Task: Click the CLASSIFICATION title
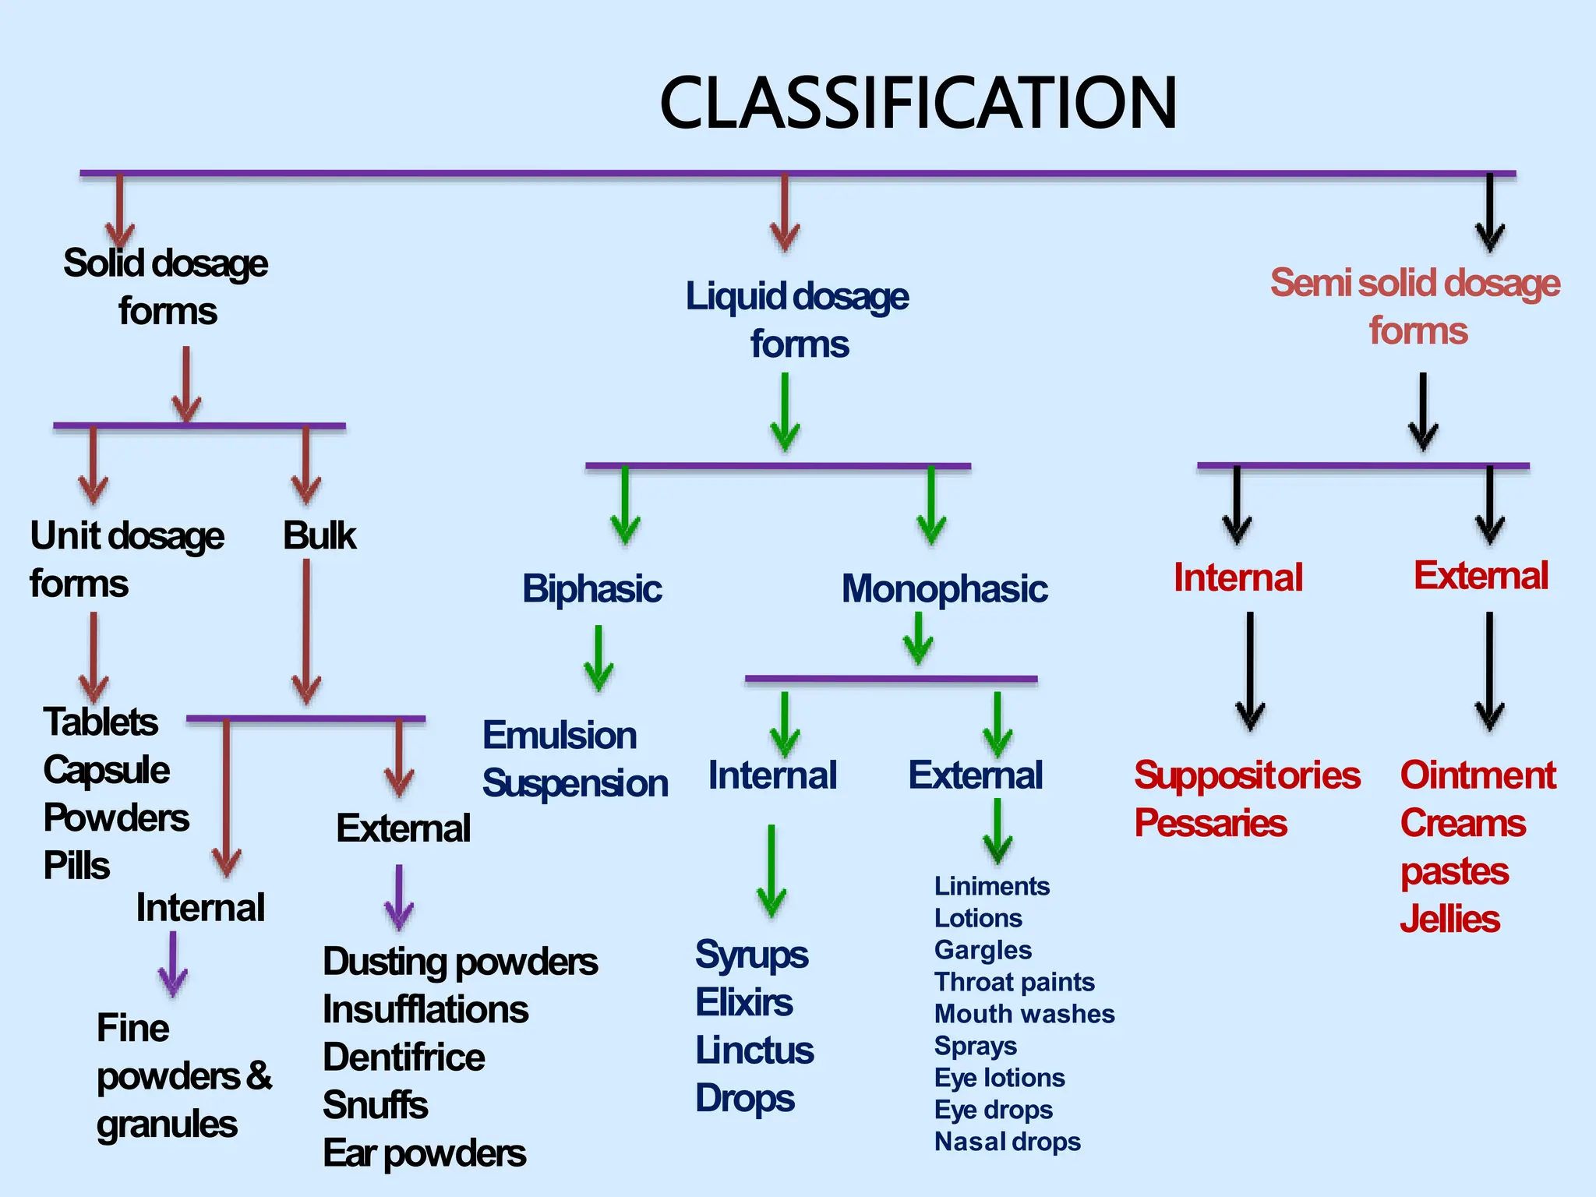(x=918, y=103)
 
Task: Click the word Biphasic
(x=591, y=588)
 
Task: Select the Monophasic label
(x=944, y=589)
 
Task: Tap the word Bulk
(x=319, y=536)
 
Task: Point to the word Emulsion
(x=559, y=736)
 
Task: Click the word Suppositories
(x=1246, y=775)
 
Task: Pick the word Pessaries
(x=1209, y=824)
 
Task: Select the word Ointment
(x=1478, y=775)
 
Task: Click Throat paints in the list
(x=1014, y=982)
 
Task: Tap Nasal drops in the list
(x=1007, y=1142)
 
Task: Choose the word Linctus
(x=754, y=1050)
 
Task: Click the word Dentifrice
(x=404, y=1058)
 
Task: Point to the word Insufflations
(x=425, y=1010)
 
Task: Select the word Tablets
(x=101, y=722)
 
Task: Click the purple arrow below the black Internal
(x=172, y=965)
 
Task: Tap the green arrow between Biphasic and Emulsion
(x=598, y=659)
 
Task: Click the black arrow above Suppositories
(x=1250, y=670)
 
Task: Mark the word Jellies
(x=1449, y=920)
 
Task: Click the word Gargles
(x=983, y=950)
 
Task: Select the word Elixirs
(x=743, y=1003)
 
